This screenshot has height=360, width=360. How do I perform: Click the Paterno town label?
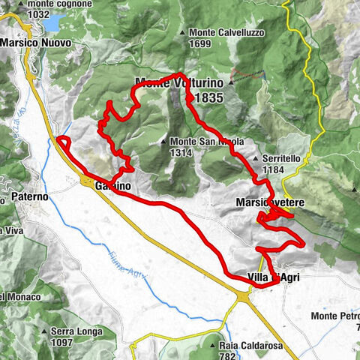31,197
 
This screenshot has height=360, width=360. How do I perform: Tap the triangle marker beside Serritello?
256,159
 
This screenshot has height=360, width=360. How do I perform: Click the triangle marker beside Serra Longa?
45,331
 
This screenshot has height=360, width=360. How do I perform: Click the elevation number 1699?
202,43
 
